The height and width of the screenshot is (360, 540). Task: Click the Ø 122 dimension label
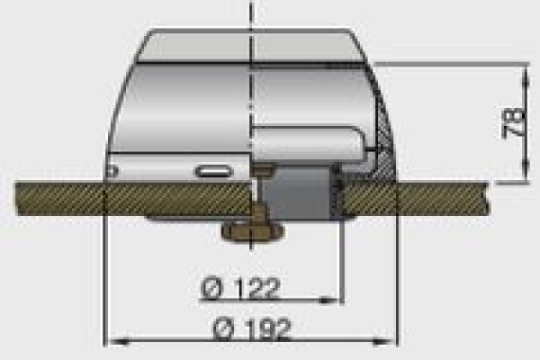[x=239, y=288]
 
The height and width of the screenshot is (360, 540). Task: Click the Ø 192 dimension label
[x=251, y=329]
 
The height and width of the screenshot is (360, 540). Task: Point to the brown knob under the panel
[x=253, y=230]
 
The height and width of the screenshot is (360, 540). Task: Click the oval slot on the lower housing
[x=213, y=171]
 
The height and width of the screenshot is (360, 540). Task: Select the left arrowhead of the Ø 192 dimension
[x=117, y=342]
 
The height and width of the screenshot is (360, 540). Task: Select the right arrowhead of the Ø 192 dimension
[x=384, y=342]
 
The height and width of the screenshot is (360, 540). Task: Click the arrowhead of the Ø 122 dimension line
[x=328, y=301]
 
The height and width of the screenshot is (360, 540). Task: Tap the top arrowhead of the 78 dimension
[x=526, y=74]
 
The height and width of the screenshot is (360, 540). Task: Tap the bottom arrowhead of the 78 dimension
[x=526, y=171]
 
